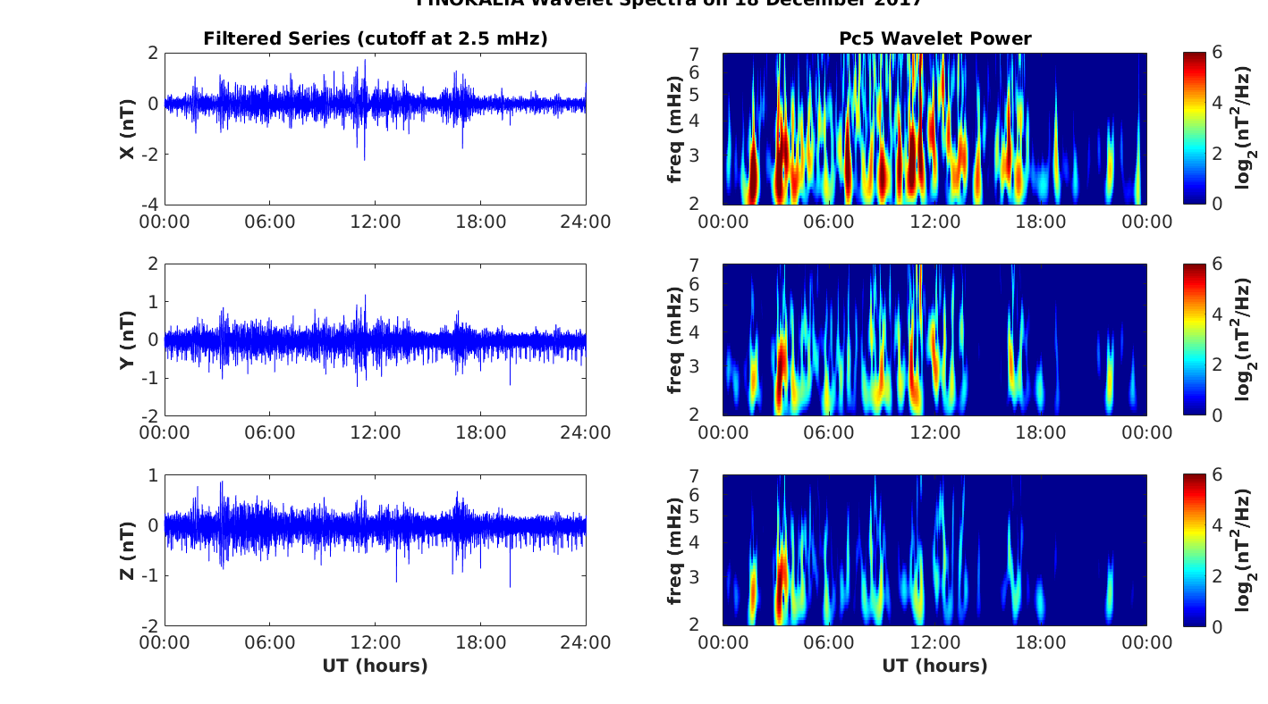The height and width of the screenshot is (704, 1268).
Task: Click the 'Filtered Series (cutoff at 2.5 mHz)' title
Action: (376, 38)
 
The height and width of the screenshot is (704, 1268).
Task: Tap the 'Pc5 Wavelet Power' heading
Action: (934, 38)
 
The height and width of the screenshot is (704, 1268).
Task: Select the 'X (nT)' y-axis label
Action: (128, 129)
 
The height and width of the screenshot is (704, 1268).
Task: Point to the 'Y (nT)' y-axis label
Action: (128, 339)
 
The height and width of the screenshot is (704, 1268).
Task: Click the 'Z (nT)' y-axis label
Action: (128, 550)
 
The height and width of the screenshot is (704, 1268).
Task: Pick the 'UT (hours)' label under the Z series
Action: (376, 666)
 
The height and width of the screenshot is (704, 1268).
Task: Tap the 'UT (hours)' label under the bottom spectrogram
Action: (934, 666)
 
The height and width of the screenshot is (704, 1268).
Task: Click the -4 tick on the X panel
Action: (152, 205)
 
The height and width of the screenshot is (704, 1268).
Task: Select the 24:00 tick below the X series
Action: (586, 222)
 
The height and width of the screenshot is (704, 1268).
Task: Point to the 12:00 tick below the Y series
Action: (376, 432)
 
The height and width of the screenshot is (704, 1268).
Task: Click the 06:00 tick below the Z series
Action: (270, 643)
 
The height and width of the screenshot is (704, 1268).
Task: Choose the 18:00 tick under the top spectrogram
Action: (1041, 222)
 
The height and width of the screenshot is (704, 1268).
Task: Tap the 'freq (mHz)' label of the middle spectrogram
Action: (675, 339)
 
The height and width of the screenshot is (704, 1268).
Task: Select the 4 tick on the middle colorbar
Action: (1216, 314)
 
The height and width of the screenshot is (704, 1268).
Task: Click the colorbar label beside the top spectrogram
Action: (1244, 129)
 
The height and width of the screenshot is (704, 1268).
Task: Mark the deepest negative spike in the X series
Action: (364, 160)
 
